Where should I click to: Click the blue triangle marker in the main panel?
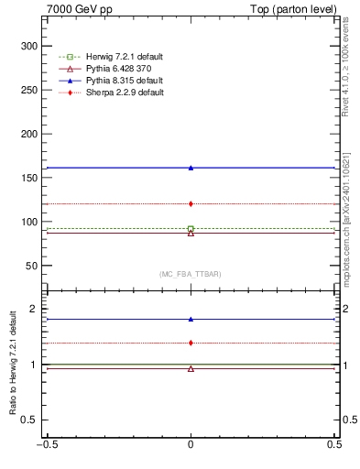pyautogui.click(x=191, y=168)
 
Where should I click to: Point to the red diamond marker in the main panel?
pyautogui.click(x=191, y=203)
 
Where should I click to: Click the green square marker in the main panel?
pyautogui.click(x=191, y=229)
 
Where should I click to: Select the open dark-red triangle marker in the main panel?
pyautogui.click(x=191, y=234)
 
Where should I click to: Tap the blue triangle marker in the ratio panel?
pyautogui.click(x=191, y=320)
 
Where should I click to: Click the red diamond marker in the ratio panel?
pyautogui.click(x=191, y=343)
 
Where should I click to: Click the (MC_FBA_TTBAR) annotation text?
pyautogui.click(x=191, y=274)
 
